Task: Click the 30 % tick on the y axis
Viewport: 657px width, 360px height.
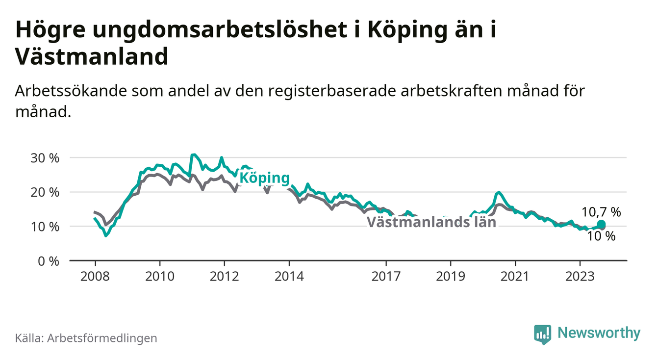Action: tap(45, 158)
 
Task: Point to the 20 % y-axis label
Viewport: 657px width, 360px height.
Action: tap(45, 193)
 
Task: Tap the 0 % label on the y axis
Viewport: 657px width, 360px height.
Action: tap(49, 261)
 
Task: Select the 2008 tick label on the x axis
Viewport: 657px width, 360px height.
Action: tap(95, 277)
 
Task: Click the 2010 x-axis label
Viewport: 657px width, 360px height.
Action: tap(160, 277)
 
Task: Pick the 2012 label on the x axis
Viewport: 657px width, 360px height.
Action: tap(225, 277)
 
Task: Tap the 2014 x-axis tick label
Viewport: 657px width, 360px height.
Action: tap(289, 277)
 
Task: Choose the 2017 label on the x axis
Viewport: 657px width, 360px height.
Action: tap(386, 277)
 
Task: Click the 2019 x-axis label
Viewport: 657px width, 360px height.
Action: tap(451, 277)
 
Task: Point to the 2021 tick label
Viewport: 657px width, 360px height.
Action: tap(515, 277)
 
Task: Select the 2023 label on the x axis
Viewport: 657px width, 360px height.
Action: tap(580, 277)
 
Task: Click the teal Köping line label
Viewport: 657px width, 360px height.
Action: tap(265, 178)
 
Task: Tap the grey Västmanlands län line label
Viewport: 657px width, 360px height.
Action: tap(431, 222)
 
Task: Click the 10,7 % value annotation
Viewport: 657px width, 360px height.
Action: tap(601, 212)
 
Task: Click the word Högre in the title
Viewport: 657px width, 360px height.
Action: tap(50, 30)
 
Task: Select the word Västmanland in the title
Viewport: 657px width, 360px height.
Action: tap(92, 56)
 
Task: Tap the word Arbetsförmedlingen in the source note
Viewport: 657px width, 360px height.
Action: tap(102, 338)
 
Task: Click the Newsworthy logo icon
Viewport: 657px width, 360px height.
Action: tap(543, 334)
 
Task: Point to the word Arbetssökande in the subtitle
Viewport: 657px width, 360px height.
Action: tap(71, 91)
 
